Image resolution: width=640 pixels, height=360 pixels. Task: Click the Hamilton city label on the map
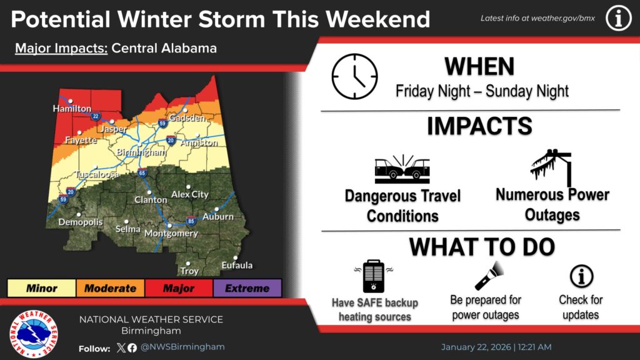(x=72, y=109)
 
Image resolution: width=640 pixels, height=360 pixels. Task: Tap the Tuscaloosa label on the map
(x=97, y=174)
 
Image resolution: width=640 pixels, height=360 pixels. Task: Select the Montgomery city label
(x=171, y=234)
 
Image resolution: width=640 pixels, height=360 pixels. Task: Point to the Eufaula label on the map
(x=237, y=266)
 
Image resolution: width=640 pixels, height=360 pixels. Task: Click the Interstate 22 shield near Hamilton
(x=95, y=116)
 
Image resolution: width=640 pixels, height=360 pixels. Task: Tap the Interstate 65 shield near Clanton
(x=142, y=173)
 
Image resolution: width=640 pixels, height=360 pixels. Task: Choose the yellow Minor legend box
(x=41, y=288)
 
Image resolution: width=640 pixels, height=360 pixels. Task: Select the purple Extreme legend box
(x=247, y=288)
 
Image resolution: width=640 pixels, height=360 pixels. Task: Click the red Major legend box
(x=178, y=288)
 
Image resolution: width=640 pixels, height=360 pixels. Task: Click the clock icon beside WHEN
(x=354, y=76)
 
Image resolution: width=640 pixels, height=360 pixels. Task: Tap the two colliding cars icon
(x=402, y=169)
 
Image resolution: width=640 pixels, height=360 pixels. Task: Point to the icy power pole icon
(x=552, y=168)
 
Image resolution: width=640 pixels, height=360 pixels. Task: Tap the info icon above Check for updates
(x=581, y=276)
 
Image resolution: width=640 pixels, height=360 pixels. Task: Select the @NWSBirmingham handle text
(x=182, y=347)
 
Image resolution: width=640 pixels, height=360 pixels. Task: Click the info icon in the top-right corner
(x=618, y=19)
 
